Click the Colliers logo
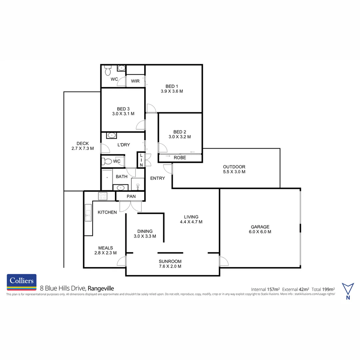click(22, 282)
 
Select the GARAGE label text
click(260, 227)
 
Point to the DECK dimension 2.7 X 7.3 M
click(82, 149)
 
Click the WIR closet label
click(135, 81)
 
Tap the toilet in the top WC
click(108, 70)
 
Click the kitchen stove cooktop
click(102, 196)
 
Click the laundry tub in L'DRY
click(111, 136)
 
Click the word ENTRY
click(157, 178)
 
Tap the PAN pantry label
click(131, 196)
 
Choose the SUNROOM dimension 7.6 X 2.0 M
click(170, 266)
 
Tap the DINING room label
click(145, 231)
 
